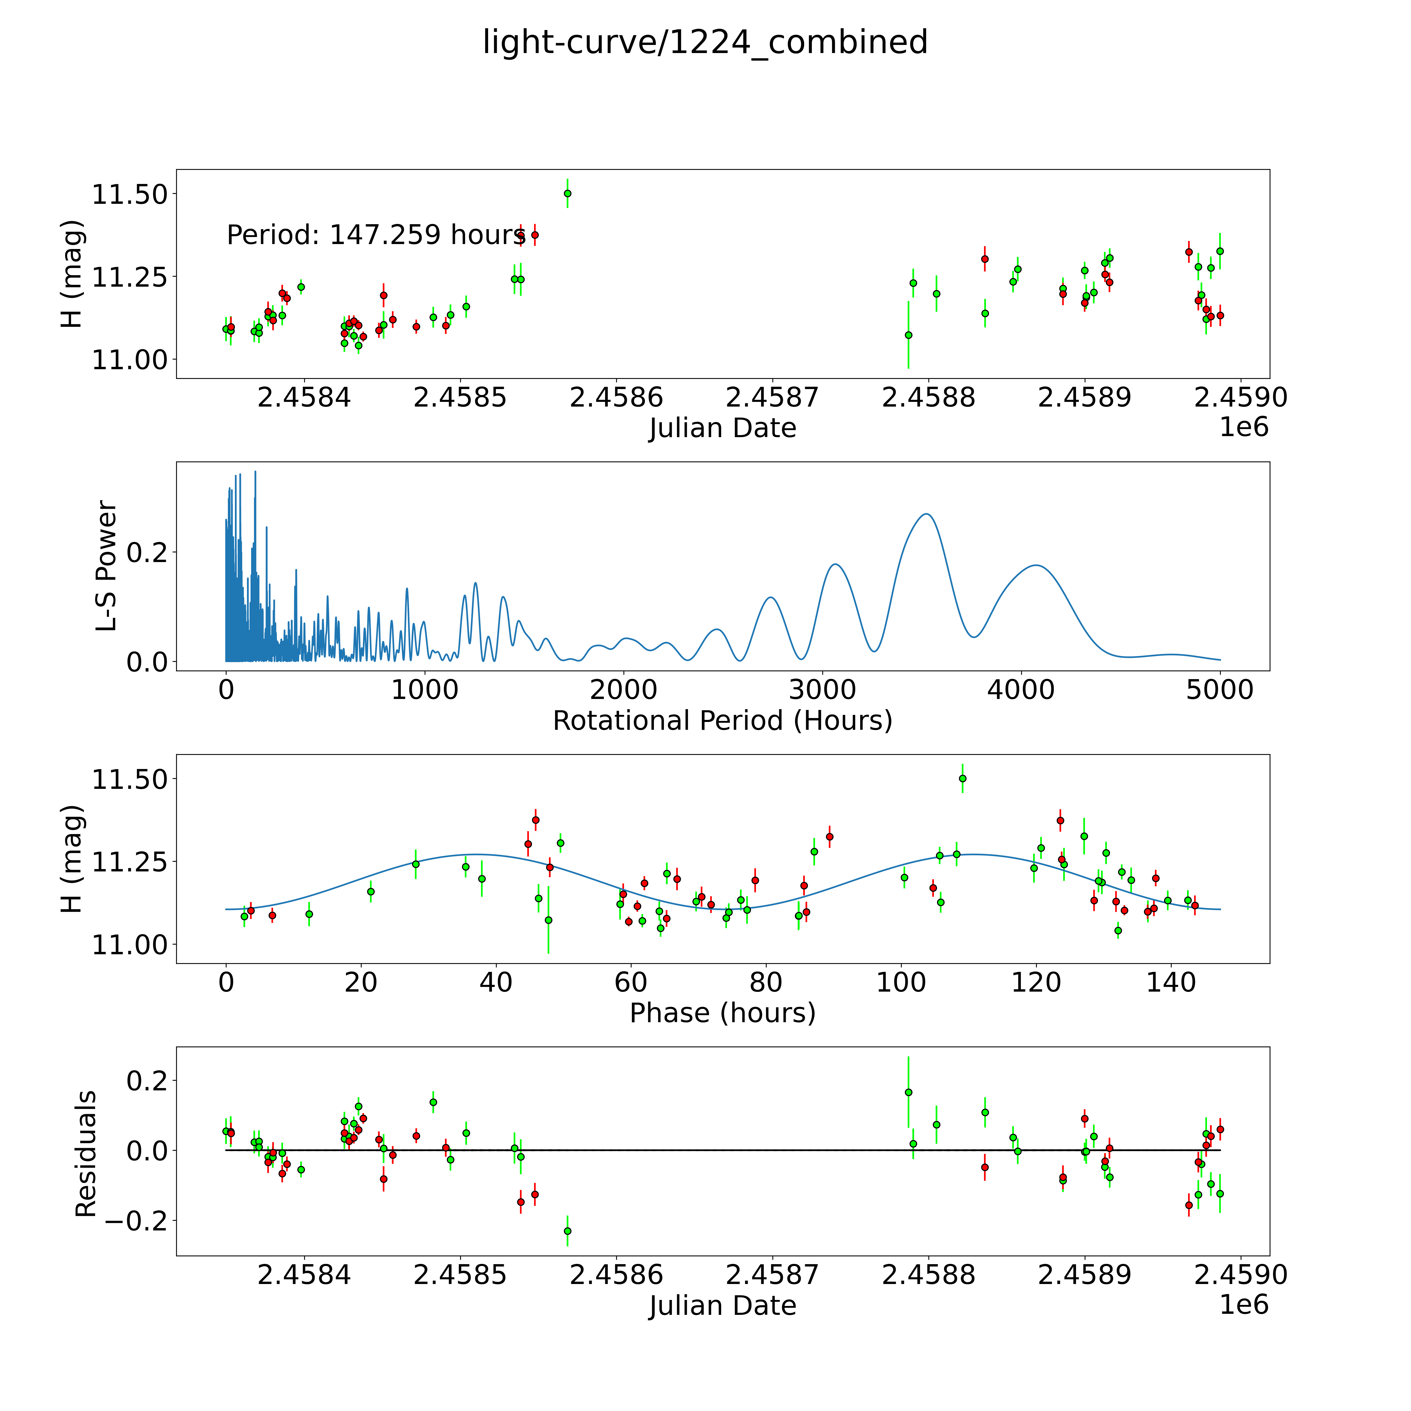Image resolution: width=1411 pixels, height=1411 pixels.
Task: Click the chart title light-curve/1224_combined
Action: click(x=705, y=42)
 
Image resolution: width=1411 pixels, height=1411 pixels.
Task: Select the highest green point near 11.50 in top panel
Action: click(x=568, y=194)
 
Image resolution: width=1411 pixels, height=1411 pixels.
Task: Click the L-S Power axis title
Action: click(x=107, y=566)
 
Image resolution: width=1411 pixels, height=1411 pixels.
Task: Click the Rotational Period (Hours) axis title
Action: click(x=722, y=721)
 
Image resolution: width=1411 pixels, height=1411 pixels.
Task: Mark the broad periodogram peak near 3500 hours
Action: click(x=926, y=515)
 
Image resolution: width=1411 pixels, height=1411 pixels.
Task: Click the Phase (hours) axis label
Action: click(x=722, y=1013)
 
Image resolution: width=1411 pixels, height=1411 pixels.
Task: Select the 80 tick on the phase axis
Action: click(x=766, y=982)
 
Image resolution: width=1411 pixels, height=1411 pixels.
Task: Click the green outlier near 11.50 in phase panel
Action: click(x=963, y=779)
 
